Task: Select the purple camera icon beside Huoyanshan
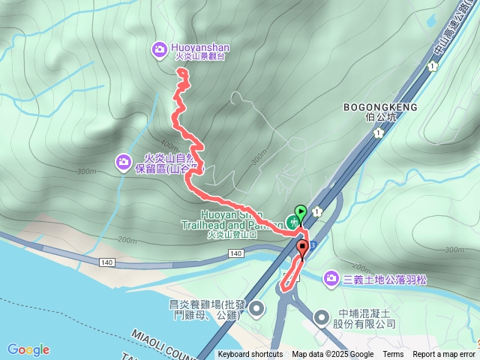point(160,49)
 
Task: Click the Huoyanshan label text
point(201,47)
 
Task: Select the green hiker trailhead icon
point(291,222)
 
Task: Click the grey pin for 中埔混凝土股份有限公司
point(322,318)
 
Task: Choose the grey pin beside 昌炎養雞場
point(257,308)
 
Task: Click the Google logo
point(28,349)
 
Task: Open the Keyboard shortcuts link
point(250,355)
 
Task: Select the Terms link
point(393,355)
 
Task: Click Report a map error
point(444,355)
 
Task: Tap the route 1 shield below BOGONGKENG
point(379,133)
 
